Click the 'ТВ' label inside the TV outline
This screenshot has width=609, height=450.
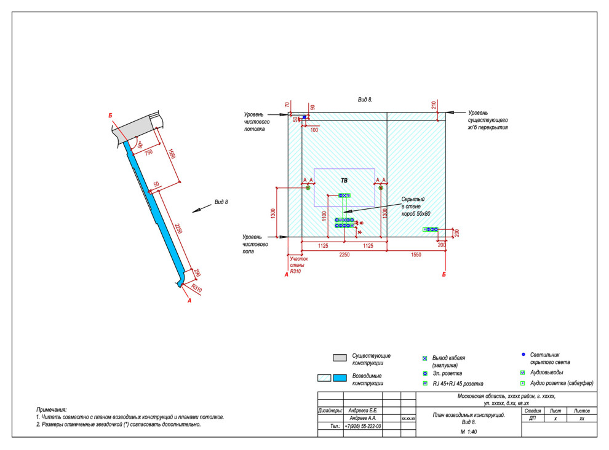(344, 181)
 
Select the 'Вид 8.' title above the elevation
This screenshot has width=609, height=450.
(365, 99)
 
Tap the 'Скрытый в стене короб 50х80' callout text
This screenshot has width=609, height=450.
(416, 206)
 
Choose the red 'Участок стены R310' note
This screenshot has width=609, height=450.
(299, 265)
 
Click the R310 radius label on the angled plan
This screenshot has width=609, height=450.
(196, 288)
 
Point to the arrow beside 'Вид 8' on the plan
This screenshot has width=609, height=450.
(198, 210)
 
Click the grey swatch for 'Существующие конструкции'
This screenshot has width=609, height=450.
(340, 358)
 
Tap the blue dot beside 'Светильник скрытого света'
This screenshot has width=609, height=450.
(523, 355)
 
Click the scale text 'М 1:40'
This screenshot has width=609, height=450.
(469, 432)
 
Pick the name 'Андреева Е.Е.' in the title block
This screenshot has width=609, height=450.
(365, 410)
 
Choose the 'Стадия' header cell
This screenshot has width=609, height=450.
(532, 410)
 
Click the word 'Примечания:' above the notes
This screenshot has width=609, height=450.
(51, 409)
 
